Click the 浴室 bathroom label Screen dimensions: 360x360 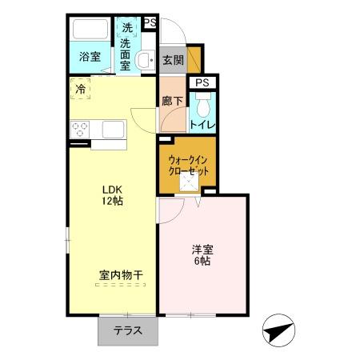click(x=90, y=57)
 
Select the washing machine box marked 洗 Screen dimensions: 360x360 click(x=127, y=27)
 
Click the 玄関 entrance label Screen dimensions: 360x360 click(x=173, y=59)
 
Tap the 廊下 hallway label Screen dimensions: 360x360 click(x=172, y=101)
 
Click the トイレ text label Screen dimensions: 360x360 click(x=202, y=124)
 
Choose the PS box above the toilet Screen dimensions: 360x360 click(x=202, y=82)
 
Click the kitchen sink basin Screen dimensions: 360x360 click(x=112, y=130)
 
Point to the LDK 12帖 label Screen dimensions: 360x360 click(x=112, y=195)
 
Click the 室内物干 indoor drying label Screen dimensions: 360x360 click(x=121, y=275)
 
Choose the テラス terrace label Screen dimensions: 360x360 click(x=127, y=330)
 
